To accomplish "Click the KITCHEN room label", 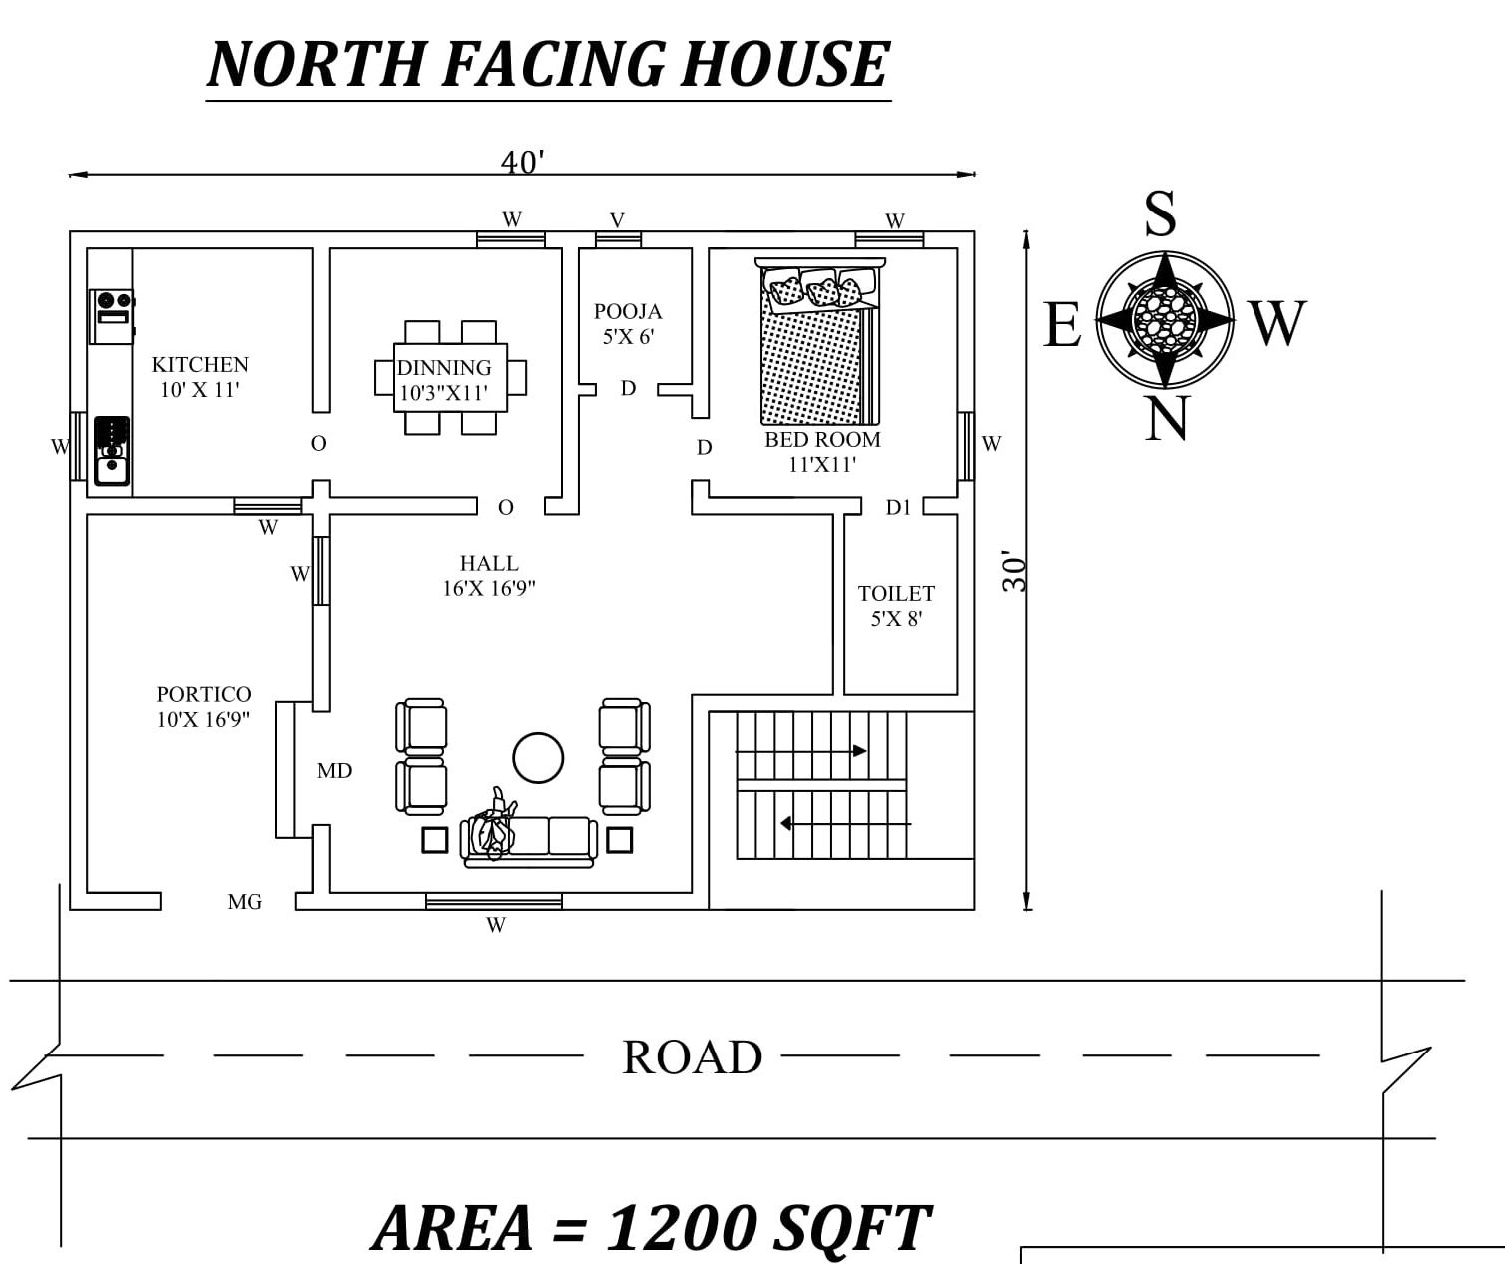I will click(x=200, y=365).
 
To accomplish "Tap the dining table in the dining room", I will click(x=450, y=378).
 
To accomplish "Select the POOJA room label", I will click(x=628, y=312).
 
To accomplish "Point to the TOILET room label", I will click(x=896, y=594).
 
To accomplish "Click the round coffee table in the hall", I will click(x=538, y=758).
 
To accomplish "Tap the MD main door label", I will click(x=334, y=771).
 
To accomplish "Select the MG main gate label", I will click(x=245, y=902).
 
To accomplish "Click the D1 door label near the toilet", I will click(x=898, y=508).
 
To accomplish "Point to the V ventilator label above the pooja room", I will click(x=617, y=220).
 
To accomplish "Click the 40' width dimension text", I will click(x=523, y=162).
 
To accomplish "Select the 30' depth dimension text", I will click(x=1015, y=571).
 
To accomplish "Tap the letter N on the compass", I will click(x=1166, y=419).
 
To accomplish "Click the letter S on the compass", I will click(x=1160, y=213).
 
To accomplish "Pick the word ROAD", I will click(x=692, y=1057).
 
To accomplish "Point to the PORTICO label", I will click(x=204, y=694).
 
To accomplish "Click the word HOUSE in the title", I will click(x=785, y=65).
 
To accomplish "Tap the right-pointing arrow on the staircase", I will click(x=858, y=750).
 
